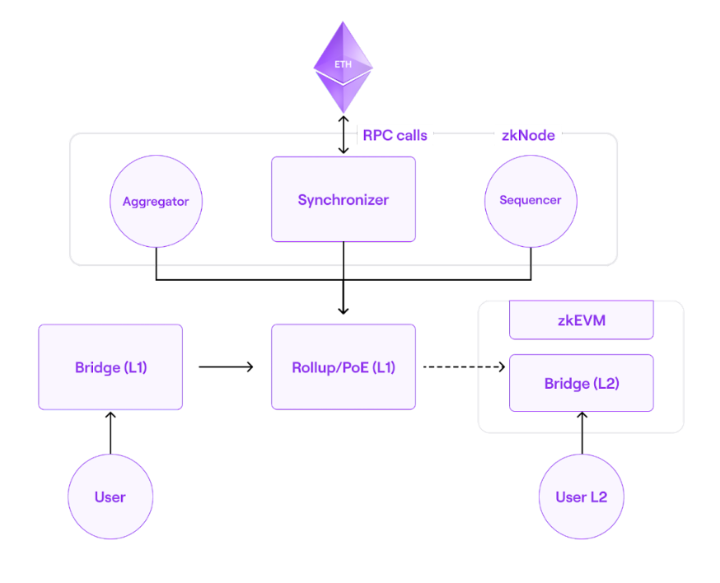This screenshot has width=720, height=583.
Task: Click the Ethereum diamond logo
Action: [x=343, y=67]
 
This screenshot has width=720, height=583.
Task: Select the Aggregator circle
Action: [x=156, y=201]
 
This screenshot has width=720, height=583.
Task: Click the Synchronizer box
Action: [x=343, y=199]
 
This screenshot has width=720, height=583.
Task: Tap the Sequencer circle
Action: [x=531, y=200]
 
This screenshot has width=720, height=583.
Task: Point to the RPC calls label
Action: [x=395, y=135]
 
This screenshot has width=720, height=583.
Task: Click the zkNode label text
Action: [x=528, y=135]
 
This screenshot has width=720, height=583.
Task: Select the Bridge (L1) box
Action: [x=110, y=367]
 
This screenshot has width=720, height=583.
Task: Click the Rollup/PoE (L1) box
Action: [x=343, y=367]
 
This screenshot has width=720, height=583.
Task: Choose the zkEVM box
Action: [x=581, y=320]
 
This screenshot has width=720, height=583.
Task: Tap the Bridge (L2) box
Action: [x=581, y=383]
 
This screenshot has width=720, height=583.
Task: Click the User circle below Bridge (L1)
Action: [x=110, y=497]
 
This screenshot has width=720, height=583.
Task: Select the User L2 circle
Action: [x=581, y=497]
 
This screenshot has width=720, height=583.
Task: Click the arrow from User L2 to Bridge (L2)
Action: [x=581, y=433]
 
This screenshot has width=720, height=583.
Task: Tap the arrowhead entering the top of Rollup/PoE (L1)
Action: [x=343, y=309]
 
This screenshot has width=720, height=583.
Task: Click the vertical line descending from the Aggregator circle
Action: [x=156, y=264]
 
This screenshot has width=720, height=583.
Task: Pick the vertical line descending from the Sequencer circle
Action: [x=531, y=264]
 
